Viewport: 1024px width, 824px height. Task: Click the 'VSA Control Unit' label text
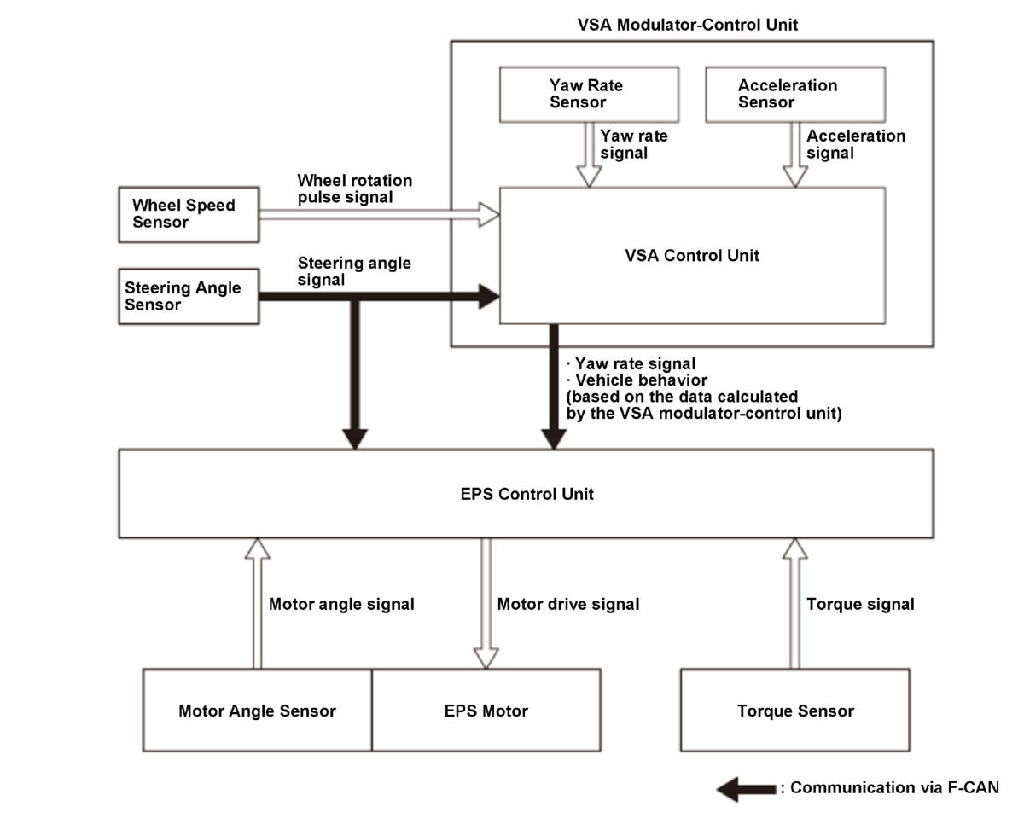(x=692, y=256)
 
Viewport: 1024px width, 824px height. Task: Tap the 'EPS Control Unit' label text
(x=527, y=494)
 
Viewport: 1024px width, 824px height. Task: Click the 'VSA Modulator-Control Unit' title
(x=688, y=25)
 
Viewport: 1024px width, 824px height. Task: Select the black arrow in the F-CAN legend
(x=746, y=789)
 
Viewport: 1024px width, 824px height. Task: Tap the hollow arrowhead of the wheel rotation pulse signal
(x=489, y=215)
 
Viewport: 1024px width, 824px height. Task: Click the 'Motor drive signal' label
(x=568, y=604)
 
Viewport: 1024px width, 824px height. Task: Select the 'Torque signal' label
(x=860, y=604)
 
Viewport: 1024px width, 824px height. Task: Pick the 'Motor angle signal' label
(x=341, y=604)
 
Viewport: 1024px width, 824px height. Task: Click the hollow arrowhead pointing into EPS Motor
(x=486, y=659)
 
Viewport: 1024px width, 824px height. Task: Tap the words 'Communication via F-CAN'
(x=894, y=787)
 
